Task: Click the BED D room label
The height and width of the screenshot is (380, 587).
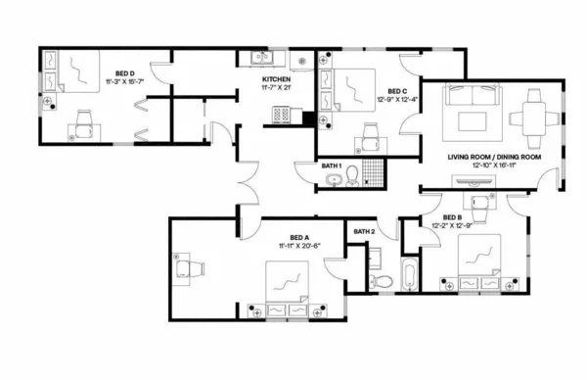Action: tap(125, 72)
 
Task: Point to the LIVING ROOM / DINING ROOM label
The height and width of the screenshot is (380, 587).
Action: tap(494, 156)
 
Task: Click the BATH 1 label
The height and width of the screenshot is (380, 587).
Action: tap(333, 166)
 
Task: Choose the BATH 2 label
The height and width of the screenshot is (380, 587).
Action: tap(364, 231)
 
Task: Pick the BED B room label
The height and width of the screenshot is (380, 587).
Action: tap(452, 217)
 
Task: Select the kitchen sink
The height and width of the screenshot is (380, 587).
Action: tap(256, 57)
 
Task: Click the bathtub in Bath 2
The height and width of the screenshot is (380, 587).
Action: tap(408, 274)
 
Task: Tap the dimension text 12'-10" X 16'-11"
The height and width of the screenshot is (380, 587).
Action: tap(494, 166)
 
